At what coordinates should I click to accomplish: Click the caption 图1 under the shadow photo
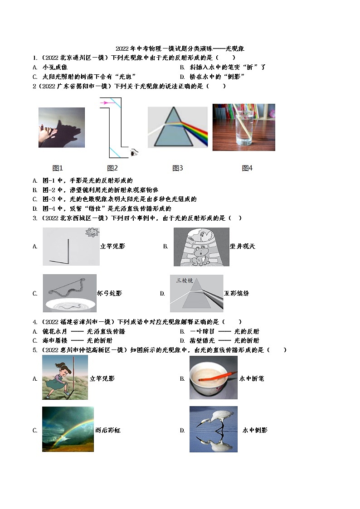point(58,168)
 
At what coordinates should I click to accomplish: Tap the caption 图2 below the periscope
point(112,168)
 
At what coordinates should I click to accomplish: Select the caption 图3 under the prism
point(177,168)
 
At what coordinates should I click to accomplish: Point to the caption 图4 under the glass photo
point(247,168)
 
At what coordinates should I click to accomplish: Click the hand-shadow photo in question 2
point(61,127)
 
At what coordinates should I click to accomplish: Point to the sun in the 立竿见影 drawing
point(92,233)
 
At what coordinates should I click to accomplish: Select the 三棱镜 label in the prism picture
point(185,281)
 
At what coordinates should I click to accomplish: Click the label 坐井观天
point(243,246)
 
